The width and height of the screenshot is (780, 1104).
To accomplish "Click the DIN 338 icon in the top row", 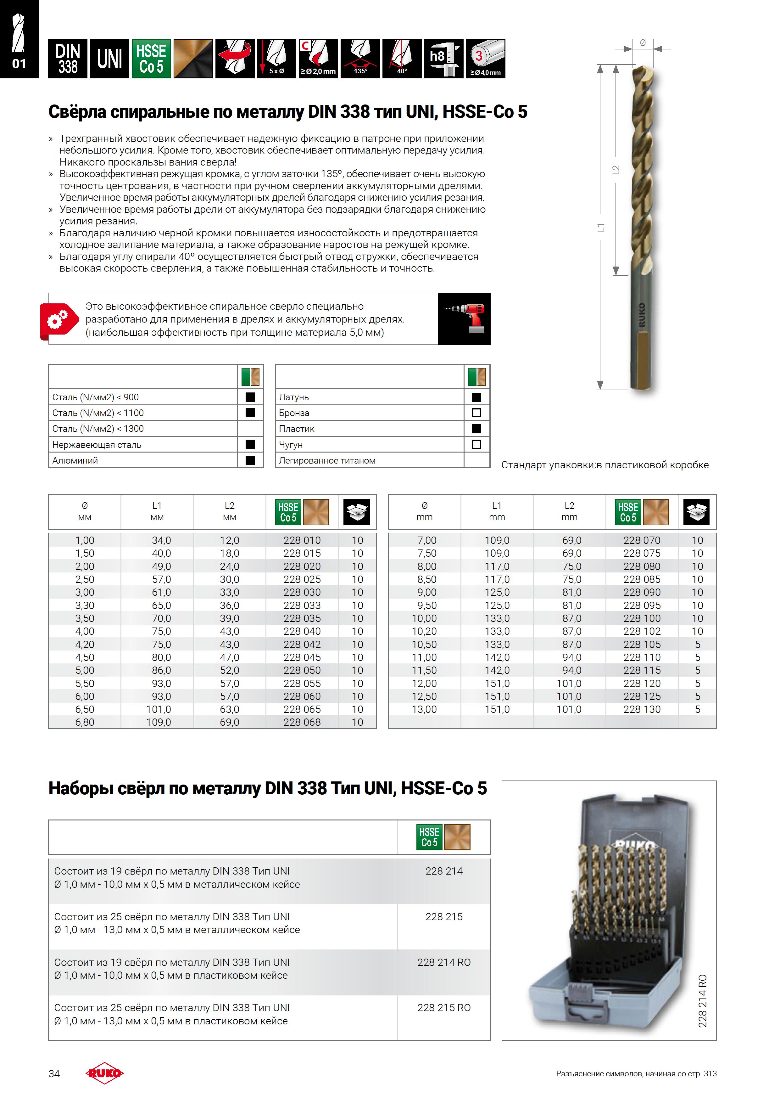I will [x=68, y=59].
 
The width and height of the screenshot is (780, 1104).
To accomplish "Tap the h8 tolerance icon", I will [x=443, y=59].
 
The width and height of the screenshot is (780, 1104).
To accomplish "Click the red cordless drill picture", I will [x=464, y=318].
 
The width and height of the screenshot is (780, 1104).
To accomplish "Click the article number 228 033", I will [x=302, y=606].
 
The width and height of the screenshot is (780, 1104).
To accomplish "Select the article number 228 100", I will [x=642, y=618].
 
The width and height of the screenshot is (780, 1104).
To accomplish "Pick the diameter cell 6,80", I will [x=85, y=722].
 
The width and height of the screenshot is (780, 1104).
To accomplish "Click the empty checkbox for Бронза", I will [x=477, y=413].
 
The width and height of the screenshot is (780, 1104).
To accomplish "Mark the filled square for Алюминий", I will [x=250, y=460].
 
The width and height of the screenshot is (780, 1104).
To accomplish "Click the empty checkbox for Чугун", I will [x=477, y=444].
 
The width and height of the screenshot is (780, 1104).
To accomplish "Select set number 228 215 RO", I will [x=443, y=1007].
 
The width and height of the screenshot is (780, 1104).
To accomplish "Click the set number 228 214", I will [x=443, y=871].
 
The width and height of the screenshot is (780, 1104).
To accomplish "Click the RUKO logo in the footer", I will [x=104, y=1073].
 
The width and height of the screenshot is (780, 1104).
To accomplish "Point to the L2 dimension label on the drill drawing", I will [x=616, y=170].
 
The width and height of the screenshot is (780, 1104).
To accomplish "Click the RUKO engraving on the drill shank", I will [x=642, y=315].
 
